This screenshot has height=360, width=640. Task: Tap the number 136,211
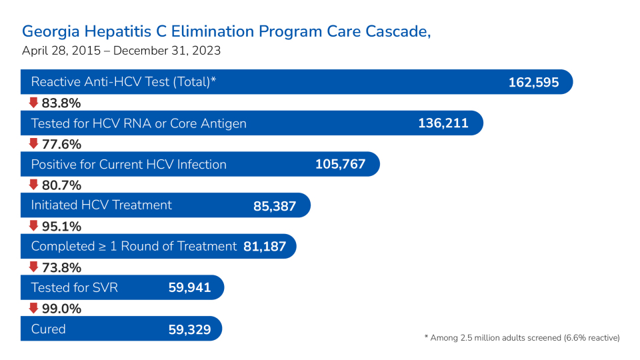click(x=443, y=123)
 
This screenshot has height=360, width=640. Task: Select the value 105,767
click(x=340, y=165)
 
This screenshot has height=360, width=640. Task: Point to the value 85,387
click(x=274, y=206)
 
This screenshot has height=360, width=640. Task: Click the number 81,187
click(x=265, y=247)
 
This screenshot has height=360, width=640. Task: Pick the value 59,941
click(x=189, y=288)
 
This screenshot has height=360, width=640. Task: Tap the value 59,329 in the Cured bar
click(x=189, y=329)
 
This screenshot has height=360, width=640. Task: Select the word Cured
click(x=48, y=329)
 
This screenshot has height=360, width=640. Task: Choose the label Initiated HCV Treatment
click(x=101, y=205)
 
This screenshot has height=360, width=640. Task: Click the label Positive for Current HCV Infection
click(x=129, y=165)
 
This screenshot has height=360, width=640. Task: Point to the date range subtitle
click(x=121, y=51)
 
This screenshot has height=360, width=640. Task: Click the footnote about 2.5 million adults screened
click(x=522, y=338)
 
